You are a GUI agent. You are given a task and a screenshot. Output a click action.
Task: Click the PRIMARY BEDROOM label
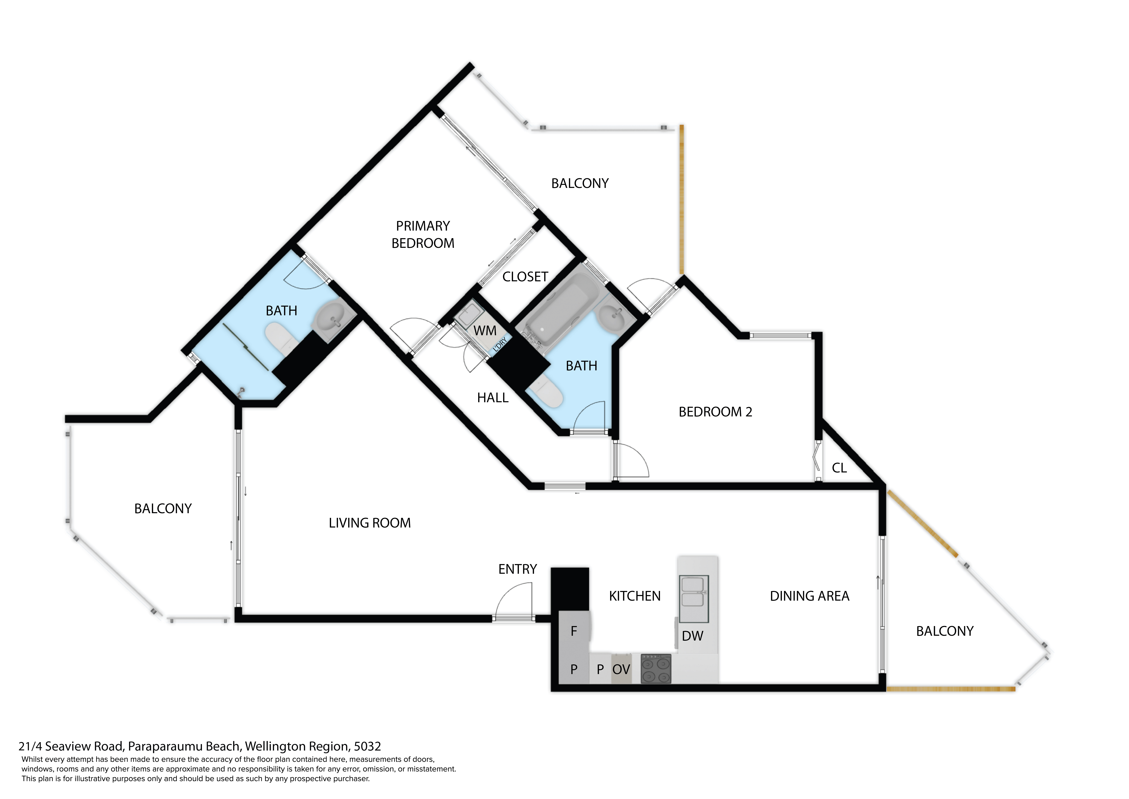click(x=423, y=235)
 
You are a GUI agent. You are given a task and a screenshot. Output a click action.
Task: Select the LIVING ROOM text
click(x=370, y=523)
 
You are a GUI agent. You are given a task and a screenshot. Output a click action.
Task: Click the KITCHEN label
click(x=635, y=596)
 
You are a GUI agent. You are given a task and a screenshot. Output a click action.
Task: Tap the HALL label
click(x=493, y=398)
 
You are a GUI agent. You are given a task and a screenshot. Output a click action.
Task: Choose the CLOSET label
click(x=525, y=277)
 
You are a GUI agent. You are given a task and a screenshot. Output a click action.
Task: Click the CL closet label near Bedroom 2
click(x=839, y=468)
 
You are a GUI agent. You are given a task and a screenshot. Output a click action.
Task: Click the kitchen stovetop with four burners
click(x=656, y=669)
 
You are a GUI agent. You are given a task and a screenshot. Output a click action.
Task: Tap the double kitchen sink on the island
click(x=694, y=599)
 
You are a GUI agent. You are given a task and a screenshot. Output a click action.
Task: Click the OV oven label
click(x=621, y=670)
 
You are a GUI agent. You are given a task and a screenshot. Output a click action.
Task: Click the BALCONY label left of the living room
click(x=163, y=509)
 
